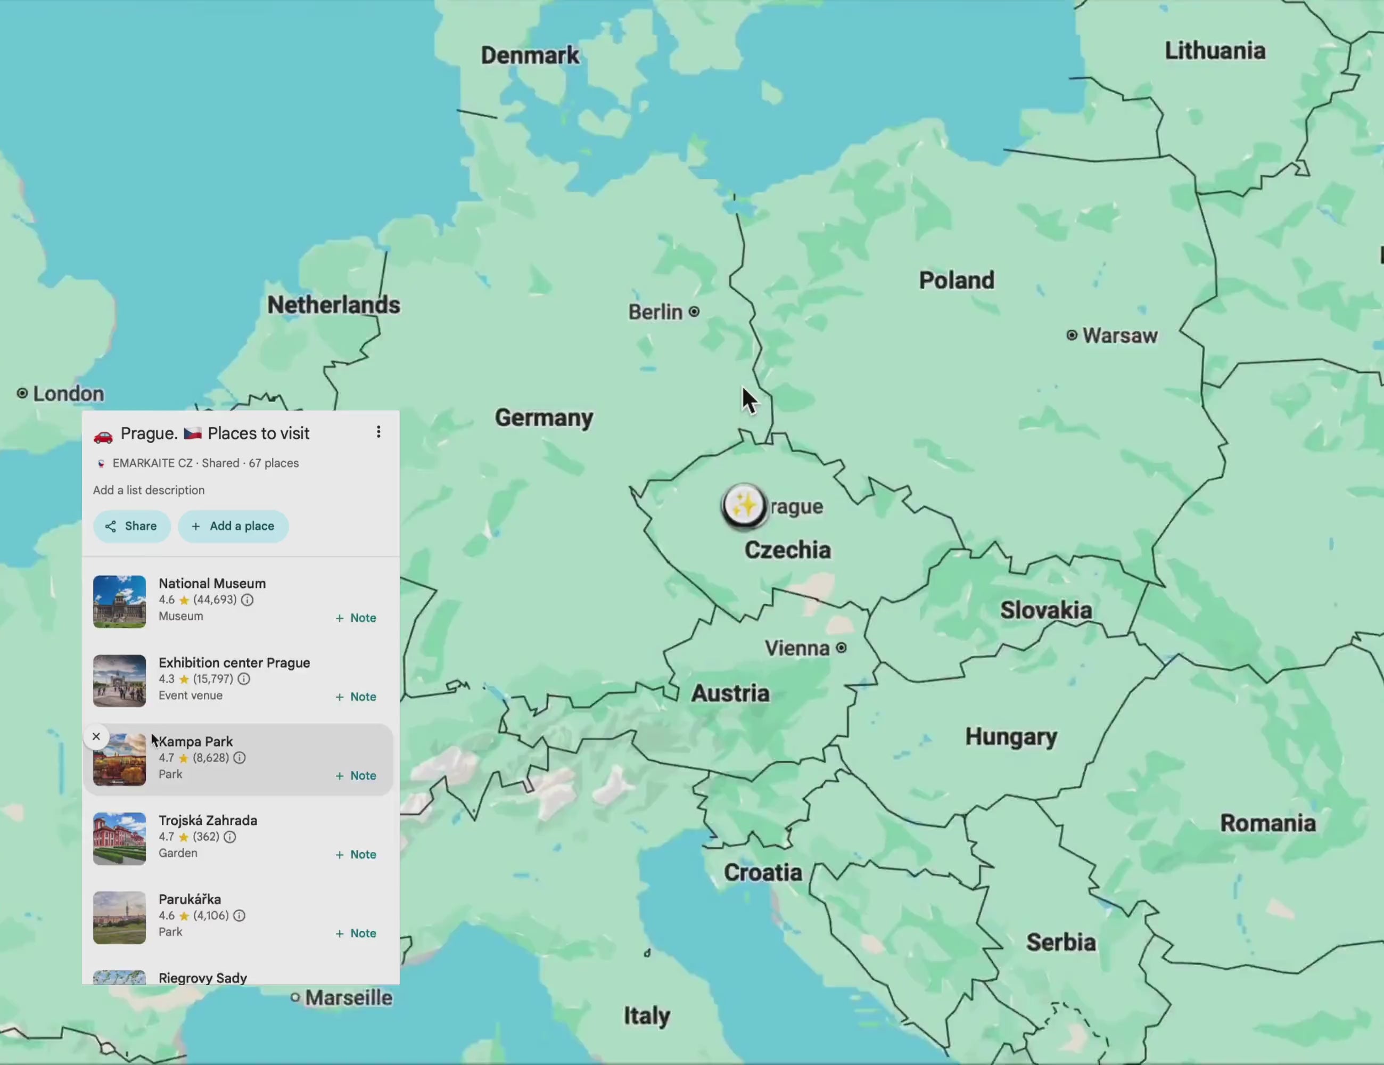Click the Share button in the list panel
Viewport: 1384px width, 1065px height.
point(131,526)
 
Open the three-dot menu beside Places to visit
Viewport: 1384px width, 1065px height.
point(378,432)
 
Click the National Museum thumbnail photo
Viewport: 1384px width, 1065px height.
point(119,602)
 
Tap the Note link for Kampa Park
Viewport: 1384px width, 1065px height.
point(356,776)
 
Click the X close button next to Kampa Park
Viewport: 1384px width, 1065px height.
point(96,736)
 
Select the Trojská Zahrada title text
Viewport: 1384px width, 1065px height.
point(208,820)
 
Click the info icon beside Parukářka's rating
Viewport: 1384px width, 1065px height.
point(239,915)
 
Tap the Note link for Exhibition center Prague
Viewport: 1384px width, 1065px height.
point(356,697)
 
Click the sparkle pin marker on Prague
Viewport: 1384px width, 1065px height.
point(744,506)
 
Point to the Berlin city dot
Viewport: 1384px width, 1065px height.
point(694,312)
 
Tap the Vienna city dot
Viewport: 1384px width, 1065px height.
point(841,648)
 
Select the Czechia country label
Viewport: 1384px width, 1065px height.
point(787,550)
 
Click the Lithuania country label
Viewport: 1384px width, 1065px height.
point(1215,51)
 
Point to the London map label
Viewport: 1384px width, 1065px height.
point(68,394)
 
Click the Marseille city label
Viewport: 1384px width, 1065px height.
point(348,998)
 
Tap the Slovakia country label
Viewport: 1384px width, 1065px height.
point(1045,610)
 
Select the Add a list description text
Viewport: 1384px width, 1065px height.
point(149,490)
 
